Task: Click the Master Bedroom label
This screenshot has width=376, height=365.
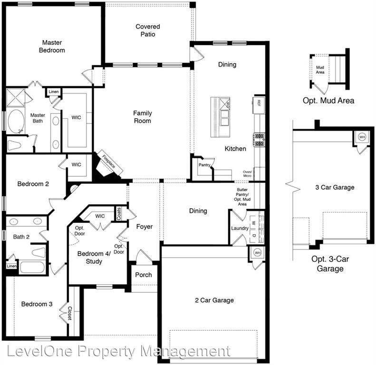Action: pos(52,46)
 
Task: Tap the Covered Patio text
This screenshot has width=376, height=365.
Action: pos(148,30)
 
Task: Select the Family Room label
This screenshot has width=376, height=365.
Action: pos(142,117)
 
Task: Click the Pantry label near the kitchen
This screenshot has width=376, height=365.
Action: pos(204,165)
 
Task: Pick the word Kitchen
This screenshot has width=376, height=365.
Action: pos(235,149)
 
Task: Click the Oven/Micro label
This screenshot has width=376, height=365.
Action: pos(247,174)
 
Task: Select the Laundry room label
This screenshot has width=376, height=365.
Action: pos(240,228)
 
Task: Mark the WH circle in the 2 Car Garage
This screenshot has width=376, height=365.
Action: pos(257,252)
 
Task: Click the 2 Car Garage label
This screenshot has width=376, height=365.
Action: pos(214,300)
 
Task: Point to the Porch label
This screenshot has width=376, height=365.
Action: pos(144,275)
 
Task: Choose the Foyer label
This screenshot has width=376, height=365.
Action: pos(145,227)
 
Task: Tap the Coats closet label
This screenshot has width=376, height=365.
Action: pos(119,214)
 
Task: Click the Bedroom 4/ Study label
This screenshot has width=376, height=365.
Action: pos(94,257)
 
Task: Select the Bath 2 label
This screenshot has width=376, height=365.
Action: pos(21,237)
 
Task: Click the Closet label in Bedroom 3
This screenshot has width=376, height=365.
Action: pos(70,313)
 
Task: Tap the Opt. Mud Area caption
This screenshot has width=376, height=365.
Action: pos(328,101)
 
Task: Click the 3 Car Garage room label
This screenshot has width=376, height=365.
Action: pos(335,187)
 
